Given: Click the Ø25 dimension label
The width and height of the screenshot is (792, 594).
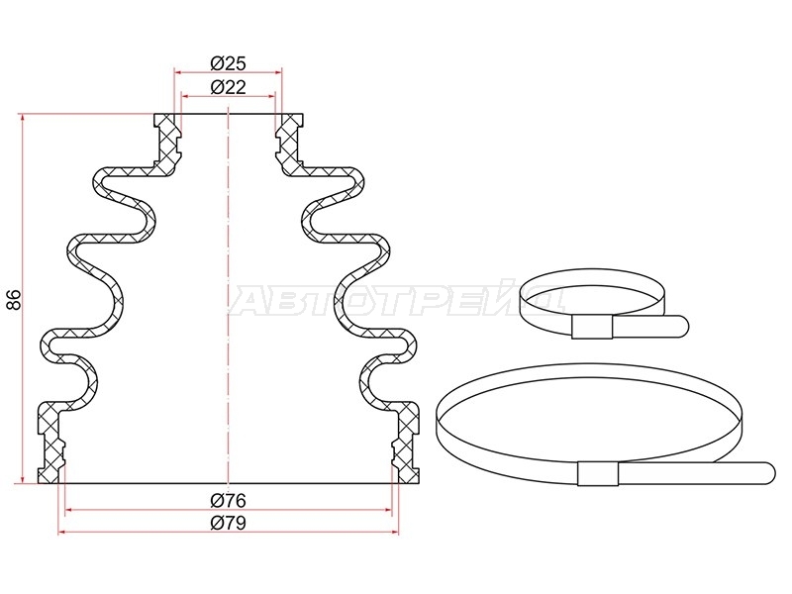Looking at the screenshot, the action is click(228, 63).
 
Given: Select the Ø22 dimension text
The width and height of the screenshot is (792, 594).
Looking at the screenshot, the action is click(228, 87).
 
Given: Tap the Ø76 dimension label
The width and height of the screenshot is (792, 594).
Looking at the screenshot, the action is click(228, 501).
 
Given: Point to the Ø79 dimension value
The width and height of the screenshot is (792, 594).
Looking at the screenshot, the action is click(228, 523).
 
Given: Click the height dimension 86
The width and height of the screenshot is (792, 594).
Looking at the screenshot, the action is click(14, 300).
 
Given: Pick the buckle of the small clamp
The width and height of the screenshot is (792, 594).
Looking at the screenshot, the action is click(592, 327).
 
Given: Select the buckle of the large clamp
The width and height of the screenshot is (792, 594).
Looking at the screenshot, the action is click(598, 474).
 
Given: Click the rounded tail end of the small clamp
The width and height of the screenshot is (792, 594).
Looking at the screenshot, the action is click(681, 326).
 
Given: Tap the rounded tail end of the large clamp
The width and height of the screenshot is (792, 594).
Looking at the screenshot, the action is click(766, 474).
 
